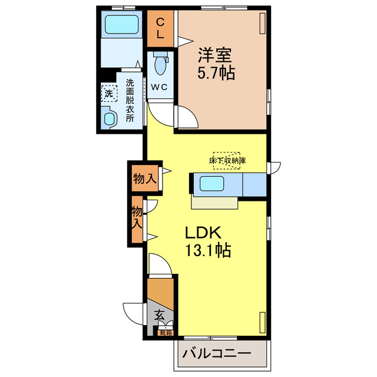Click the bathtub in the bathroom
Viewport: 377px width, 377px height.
121,25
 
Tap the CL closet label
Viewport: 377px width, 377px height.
160,28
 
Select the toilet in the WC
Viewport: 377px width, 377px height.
160,65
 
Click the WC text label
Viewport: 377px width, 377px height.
160,87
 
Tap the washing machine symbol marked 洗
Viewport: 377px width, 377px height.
109,92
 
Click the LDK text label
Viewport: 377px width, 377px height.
204,232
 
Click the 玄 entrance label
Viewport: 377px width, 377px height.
160,315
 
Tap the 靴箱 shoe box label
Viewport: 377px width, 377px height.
166,333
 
